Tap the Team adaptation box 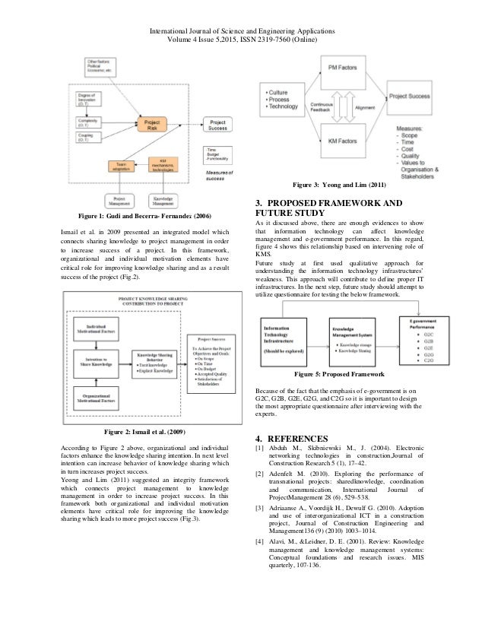click(120, 165)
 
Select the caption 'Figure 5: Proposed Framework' click(338, 375)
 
